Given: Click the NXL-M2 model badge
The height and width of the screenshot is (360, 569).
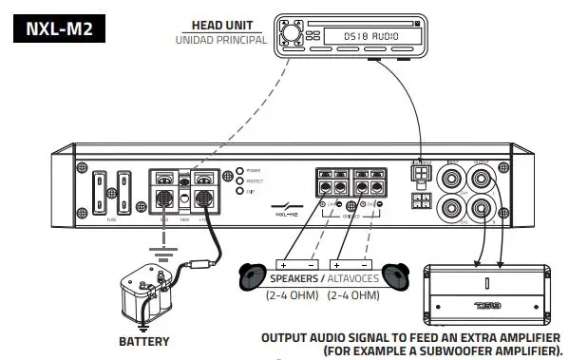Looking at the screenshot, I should [x=60, y=31].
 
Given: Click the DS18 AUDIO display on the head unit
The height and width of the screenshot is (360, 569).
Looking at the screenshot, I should [x=364, y=36].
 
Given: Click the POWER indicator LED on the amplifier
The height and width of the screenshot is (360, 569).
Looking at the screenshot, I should [x=241, y=172].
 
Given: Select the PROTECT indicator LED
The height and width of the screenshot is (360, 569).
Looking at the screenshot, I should [x=241, y=182].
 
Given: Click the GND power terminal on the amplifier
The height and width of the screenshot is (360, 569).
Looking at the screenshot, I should [x=165, y=199].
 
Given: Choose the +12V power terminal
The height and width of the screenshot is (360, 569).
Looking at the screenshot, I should [x=203, y=199].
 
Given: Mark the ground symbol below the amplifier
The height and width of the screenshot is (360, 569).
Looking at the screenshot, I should [x=165, y=255].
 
